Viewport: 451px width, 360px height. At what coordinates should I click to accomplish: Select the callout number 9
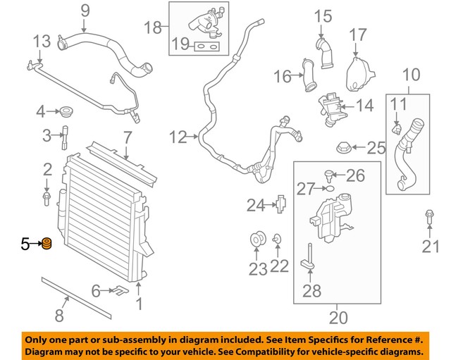coord(85,10)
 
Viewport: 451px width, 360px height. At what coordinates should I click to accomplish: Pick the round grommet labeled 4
coord(68,111)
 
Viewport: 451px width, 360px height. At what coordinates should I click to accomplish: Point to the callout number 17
coord(358,34)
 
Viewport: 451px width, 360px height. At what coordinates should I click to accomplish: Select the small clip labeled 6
coord(119,289)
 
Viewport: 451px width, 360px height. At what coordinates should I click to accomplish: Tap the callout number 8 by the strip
coord(60,315)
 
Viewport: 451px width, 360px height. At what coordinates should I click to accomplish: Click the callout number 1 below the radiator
coord(139,304)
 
